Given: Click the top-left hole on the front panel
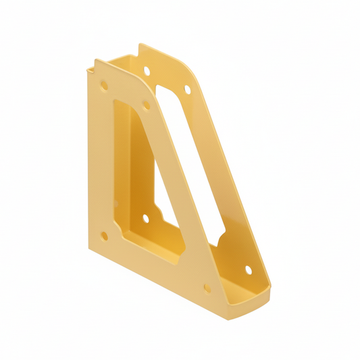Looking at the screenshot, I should [x=103, y=86].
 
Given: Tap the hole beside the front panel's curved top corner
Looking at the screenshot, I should [x=145, y=105].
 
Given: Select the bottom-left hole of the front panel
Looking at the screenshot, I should [x=104, y=236].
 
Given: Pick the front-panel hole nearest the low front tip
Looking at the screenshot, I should [x=206, y=288].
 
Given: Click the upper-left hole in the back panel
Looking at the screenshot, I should [x=147, y=70].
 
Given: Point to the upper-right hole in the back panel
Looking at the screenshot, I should [x=188, y=88].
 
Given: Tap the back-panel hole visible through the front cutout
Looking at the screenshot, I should [x=145, y=218].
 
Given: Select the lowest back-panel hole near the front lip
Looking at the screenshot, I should [x=248, y=269].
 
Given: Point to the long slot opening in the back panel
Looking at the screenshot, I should [x=192, y=162].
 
